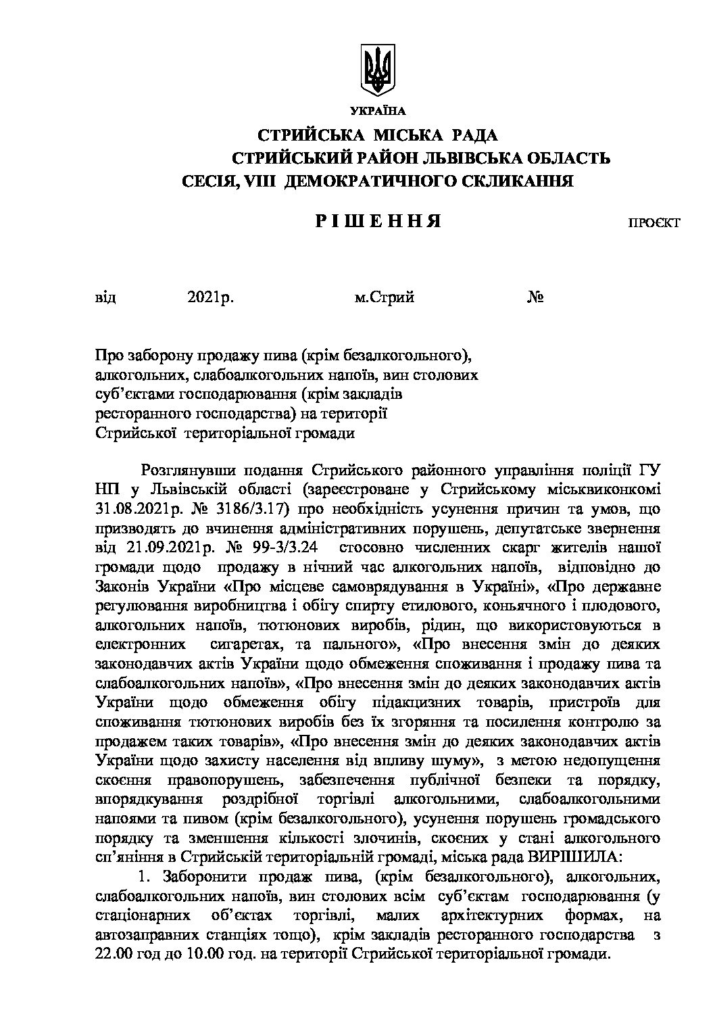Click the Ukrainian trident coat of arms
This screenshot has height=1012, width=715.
(x=377, y=70)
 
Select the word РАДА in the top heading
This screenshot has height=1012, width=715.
(x=472, y=135)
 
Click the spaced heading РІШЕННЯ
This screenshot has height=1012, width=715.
(x=379, y=222)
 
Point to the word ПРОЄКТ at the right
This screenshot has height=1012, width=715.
(x=654, y=223)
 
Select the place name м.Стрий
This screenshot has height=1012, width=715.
(x=384, y=297)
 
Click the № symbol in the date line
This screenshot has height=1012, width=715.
(x=536, y=297)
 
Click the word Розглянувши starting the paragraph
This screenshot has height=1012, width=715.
(x=182, y=470)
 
